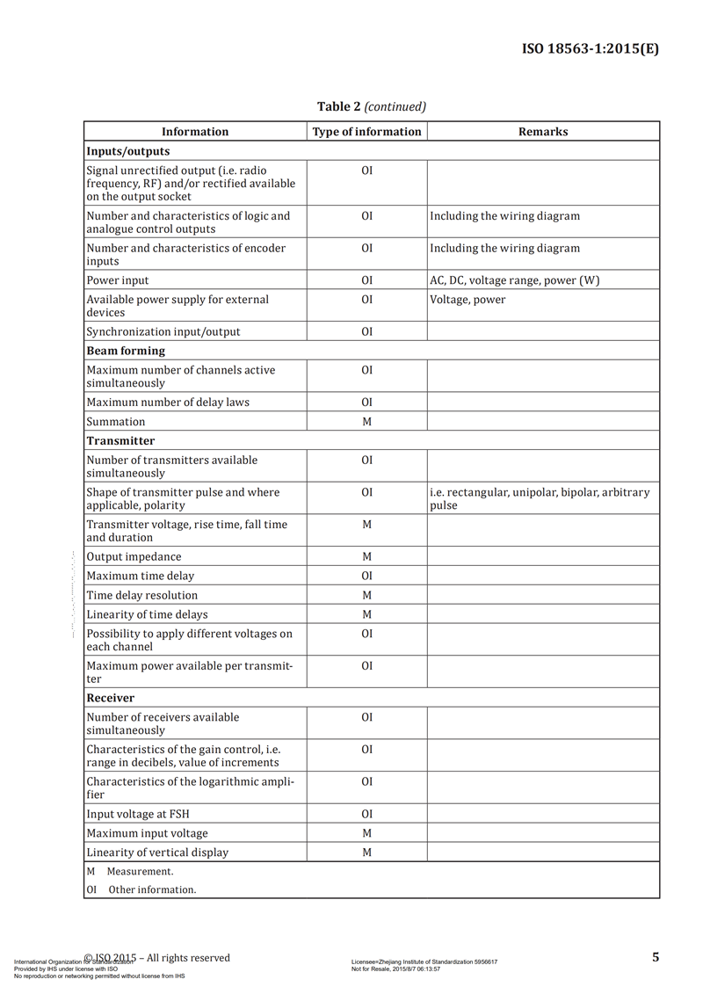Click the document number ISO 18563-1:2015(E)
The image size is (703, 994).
point(590,49)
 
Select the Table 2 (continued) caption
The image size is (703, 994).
point(371,106)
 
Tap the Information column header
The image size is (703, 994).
point(195,132)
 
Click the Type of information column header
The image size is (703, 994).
point(366,132)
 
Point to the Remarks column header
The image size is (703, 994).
point(542,132)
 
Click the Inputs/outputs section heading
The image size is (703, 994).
point(128,151)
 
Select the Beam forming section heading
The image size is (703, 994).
point(126,351)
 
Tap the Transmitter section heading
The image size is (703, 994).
point(120,440)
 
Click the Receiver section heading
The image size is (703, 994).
point(111,698)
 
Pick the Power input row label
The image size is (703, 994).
point(118,280)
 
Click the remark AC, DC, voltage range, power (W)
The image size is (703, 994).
point(515,280)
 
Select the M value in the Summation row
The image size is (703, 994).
point(366,422)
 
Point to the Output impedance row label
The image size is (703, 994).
point(134,556)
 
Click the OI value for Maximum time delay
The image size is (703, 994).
point(366,576)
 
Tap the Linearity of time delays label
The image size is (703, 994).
point(147,614)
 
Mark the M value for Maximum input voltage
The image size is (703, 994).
point(366,833)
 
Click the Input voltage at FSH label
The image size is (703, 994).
point(138,814)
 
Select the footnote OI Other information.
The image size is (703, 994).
point(141,889)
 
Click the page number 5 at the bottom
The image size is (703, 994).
point(656,957)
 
